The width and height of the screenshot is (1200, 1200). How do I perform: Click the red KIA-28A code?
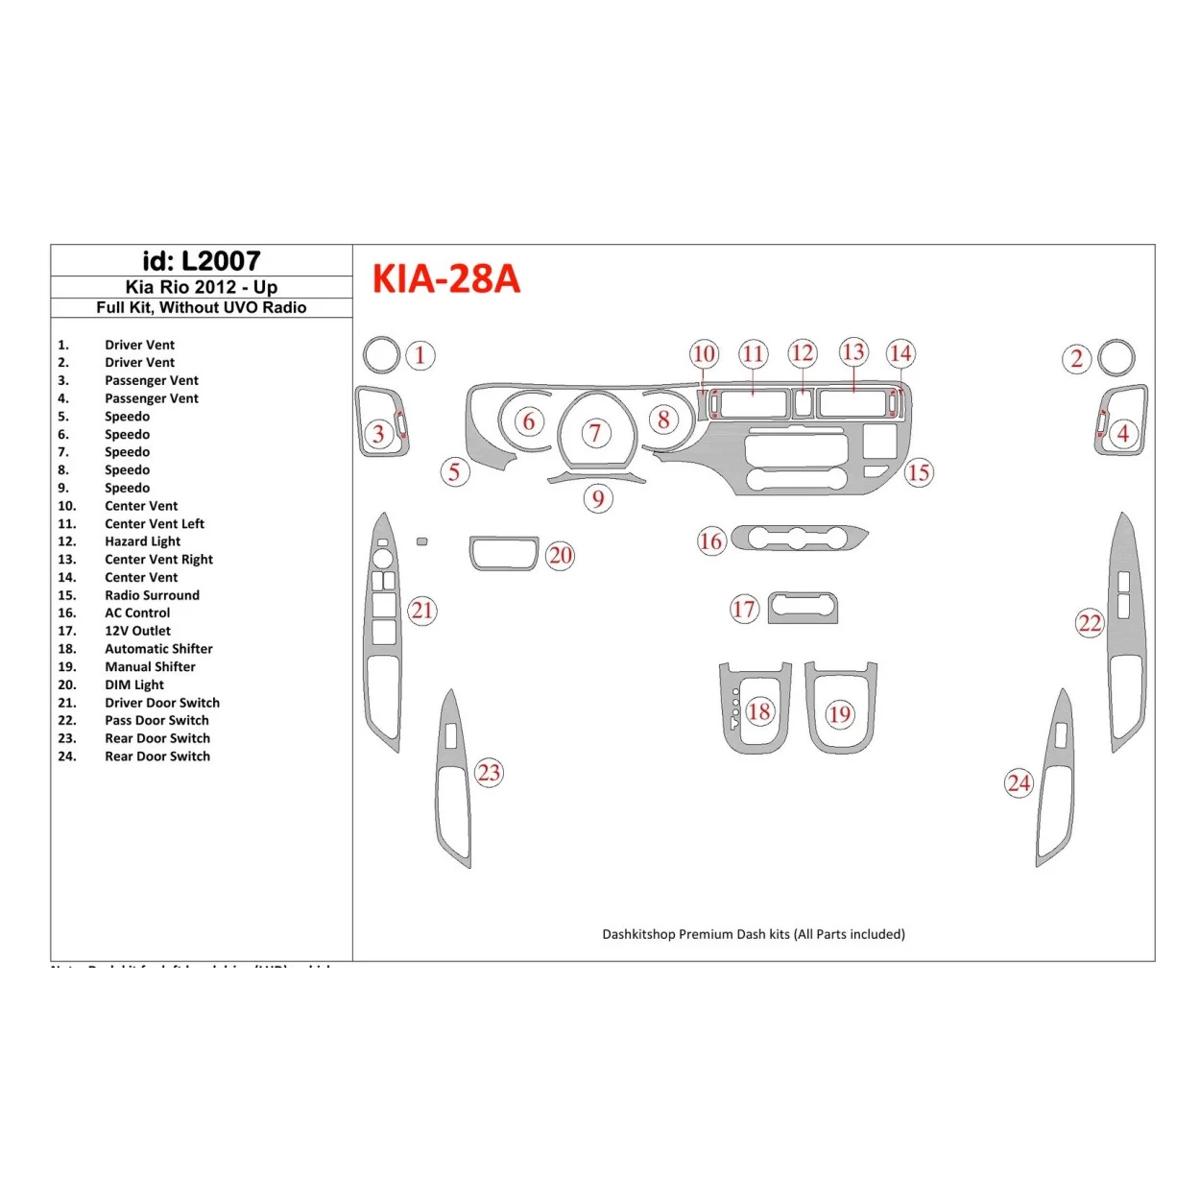click(x=445, y=279)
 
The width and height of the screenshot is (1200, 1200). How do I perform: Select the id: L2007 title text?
click(x=202, y=261)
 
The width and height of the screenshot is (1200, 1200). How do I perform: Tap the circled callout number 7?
click(x=595, y=433)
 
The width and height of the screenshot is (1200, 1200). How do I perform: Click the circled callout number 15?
click(x=919, y=472)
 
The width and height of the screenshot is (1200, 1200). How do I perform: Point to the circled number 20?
click(x=561, y=556)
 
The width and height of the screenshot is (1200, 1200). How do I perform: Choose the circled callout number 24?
click(x=1019, y=783)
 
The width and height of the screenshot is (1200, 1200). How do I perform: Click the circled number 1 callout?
click(x=420, y=356)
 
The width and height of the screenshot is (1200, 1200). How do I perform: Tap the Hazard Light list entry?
click(x=142, y=541)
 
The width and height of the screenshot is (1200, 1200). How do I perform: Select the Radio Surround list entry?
click(x=152, y=595)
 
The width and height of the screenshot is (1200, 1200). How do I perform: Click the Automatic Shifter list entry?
click(x=158, y=649)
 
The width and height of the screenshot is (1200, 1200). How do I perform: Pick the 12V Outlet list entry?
click(x=137, y=631)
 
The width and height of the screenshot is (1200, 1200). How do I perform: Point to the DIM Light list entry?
click(x=134, y=684)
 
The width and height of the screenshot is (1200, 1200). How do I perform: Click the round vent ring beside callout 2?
click(x=1116, y=357)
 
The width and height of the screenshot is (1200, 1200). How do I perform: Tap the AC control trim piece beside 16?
click(x=800, y=538)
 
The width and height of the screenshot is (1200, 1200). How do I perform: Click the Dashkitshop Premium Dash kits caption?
click(x=753, y=934)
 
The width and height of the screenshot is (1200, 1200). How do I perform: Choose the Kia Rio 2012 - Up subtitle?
click(x=202, y=287)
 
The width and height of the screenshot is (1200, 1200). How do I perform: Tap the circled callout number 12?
click(x=803, y=353)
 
